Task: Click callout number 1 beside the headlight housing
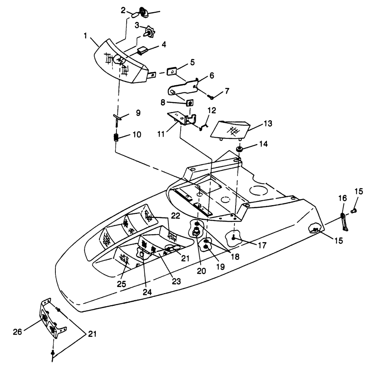pos(86,36)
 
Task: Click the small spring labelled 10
pos(116,137)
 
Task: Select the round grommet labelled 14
pos(239,149)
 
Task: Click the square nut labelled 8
pos(190,103)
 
